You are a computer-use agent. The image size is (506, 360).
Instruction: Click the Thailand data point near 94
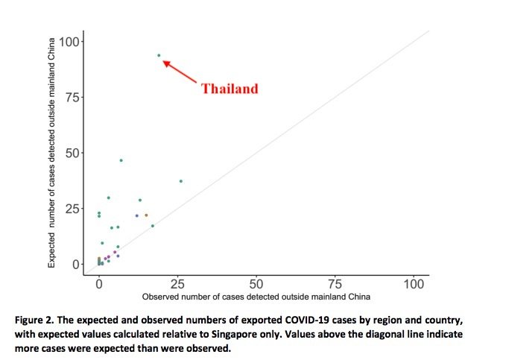(x=159, y=55)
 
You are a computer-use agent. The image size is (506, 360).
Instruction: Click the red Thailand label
(x=230, y=89)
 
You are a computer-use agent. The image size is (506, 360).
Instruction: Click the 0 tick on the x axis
(x=98, y=284)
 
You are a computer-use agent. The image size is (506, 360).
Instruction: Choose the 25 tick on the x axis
(x=177, y=284)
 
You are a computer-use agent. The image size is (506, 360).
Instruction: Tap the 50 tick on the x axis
(x=256, y=284)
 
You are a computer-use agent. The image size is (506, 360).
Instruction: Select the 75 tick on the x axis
(x=335, y=284)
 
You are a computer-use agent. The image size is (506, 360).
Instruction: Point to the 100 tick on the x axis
(x=414, y=284)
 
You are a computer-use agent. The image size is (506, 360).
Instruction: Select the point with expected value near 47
(x=121, y=160)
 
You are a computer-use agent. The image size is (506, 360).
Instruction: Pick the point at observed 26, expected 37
(x=181, y=181)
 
